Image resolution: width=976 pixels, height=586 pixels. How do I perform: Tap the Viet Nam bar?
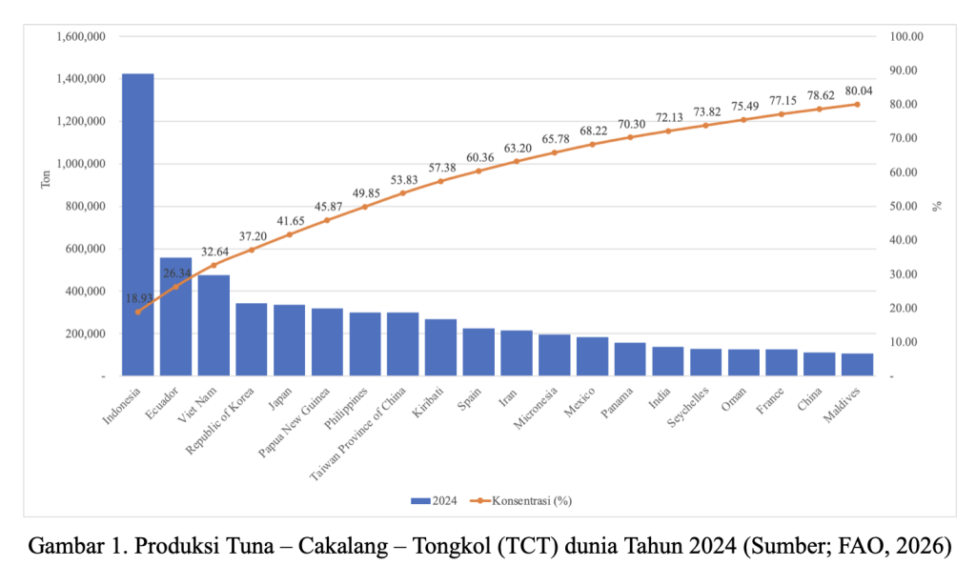tap(213, 325)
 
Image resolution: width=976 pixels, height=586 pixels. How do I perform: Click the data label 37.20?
tap(252, 236)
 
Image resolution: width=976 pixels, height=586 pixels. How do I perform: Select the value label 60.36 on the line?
tap(478, 157)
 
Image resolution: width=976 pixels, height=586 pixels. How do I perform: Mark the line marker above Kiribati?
tap(440, 181)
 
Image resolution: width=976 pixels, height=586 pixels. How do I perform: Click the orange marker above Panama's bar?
tap(630, 137)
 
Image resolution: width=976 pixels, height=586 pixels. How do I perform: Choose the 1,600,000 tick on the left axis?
tap(81, 36)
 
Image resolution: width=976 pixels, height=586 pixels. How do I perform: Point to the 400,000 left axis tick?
tap(85, 292)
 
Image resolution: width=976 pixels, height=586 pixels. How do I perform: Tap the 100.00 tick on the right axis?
tap(906, 36)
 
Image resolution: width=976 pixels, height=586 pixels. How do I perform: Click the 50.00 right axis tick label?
tap(904, 207)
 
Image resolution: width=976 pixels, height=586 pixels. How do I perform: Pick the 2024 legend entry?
tap(435, 499)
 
